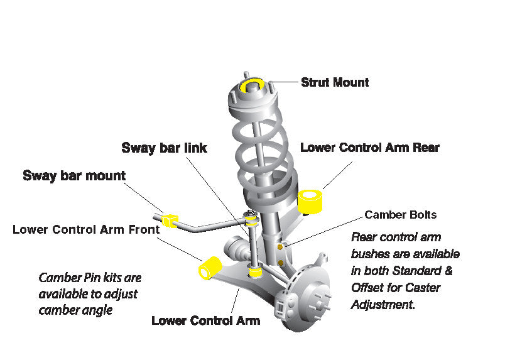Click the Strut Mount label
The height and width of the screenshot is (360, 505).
(x=335, y=82)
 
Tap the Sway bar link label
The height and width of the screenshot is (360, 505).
(x=164, y=148)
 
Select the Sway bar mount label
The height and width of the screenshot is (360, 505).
(x=74, y=175)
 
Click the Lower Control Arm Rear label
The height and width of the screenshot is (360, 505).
(x=369, y=148)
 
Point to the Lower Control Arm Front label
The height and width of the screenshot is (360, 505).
(x=85, y=229)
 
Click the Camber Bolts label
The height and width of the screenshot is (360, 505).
(x=400, y=215)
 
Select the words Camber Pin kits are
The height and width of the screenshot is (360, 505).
(x=90, y=277)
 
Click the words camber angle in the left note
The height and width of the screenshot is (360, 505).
(x=75, y=310)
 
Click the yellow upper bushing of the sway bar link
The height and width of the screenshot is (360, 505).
(x=251, y=220)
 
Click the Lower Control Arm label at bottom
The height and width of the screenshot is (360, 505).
(x=205, y=320)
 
